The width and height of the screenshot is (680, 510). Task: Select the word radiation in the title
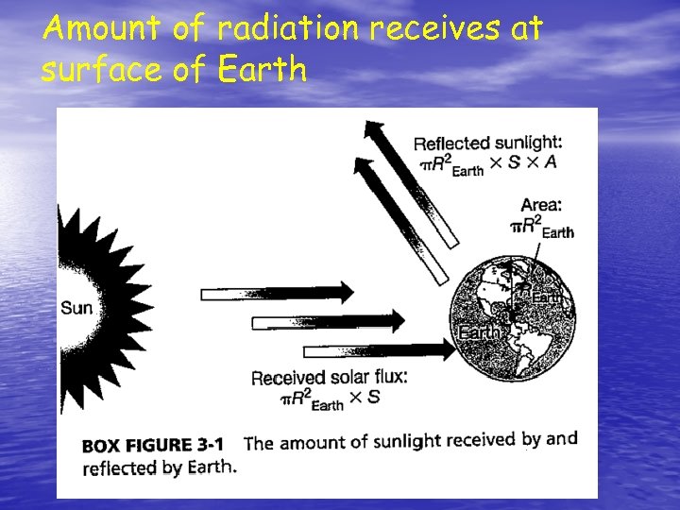pyautogui.click(x=288, y=29)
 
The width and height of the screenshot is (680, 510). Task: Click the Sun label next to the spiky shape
pyautogui.click(x=76, y=307)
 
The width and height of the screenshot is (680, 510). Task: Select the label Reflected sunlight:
pyautogui.click(x=487, y=143)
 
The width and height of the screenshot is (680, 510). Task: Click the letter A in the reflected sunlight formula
pyautogui.click(x=550, y=161)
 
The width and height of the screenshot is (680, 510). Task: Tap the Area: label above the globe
pyautogui.click(x=541, y=205)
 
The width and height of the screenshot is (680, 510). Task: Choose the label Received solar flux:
pyautogui.click(x=329, y=378)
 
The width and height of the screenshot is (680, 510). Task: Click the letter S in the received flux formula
pyautogui.click(x=373, y=397)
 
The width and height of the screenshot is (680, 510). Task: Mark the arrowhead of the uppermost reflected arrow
pyautogui.click(x=375, y=131)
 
